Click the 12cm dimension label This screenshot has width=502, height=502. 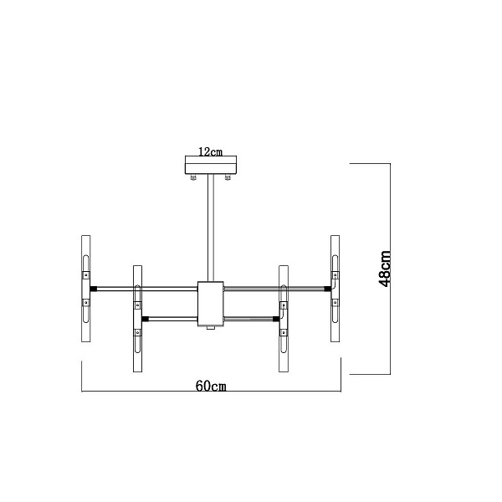pyautogui.click(x=210, y=151)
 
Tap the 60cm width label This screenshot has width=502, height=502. pyautogui.click(x=211, y=386)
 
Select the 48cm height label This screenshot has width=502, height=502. pyautogui.click(x=385, y=269)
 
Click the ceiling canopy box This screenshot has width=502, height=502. pyautogui.click(x=211, y=165)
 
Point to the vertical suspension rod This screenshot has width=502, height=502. pyautogui.click(x=211, y=228)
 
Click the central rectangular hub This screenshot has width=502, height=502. pyautogui.click(x=211, y=304)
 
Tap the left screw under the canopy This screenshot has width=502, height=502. pyautogui.click(x=193, y=177)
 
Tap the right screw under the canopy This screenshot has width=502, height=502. pyautogui.click(x=228, y=177)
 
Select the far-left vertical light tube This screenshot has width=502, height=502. pyautogui.click(x=86, y=289)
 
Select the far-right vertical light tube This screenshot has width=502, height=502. pyautogui.click(x=336, y=289)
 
